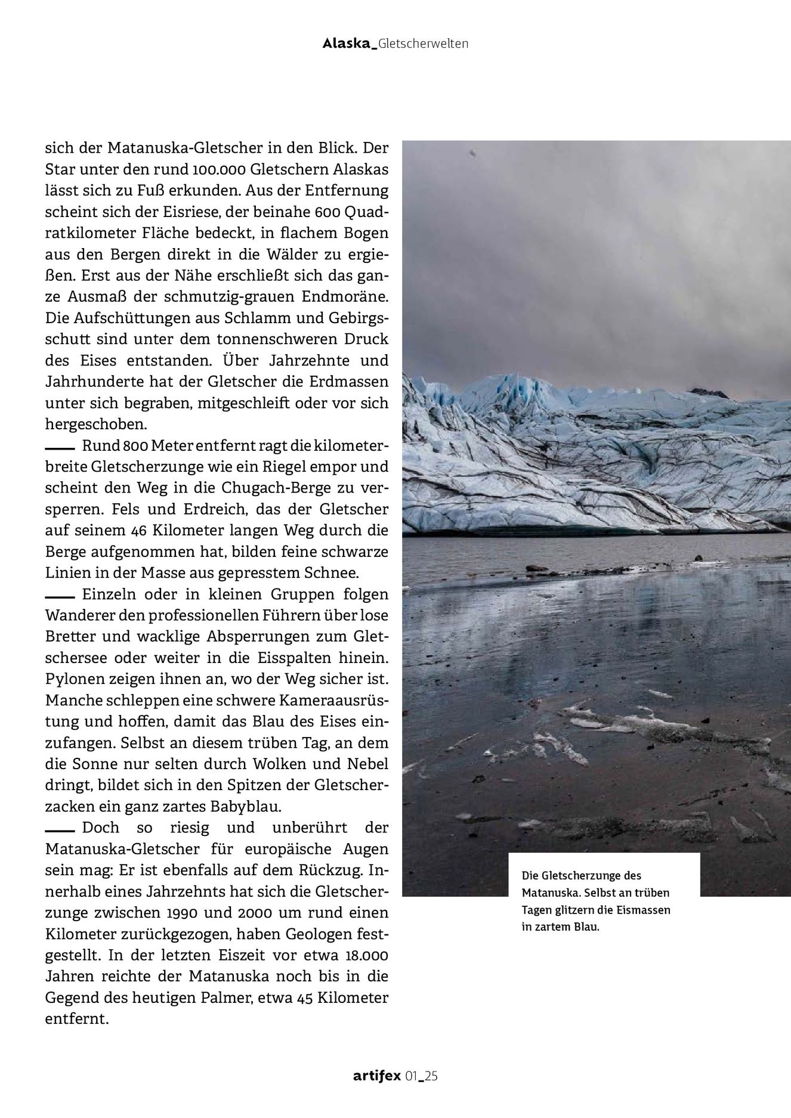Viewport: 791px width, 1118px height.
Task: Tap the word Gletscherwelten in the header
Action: (x=424, y=44)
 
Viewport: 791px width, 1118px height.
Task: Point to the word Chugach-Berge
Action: (x=264, y=488)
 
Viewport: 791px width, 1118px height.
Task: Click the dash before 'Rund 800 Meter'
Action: (x=59, y=447)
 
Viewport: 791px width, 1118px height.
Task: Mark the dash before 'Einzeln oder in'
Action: (x=59, y=596)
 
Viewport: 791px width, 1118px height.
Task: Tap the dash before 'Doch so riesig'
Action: (x=59, y=829)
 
